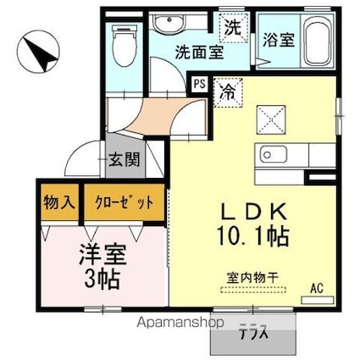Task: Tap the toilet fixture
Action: (124, 42)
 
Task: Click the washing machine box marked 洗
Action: (231, 27)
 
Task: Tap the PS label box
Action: (199, 85)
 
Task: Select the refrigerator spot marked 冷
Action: (226, 87)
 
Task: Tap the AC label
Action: (316, 288)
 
